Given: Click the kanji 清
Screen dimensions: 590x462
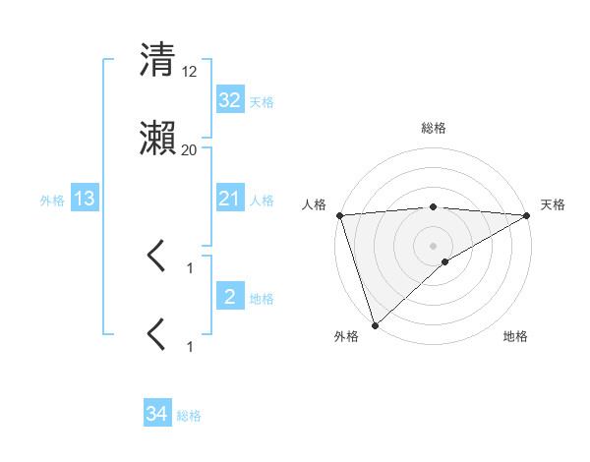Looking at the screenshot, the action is [x=157, y=59].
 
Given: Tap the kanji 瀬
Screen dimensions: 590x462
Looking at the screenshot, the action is [x=157, y=140].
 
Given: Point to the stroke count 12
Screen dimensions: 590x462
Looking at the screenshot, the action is [x=190, y=71].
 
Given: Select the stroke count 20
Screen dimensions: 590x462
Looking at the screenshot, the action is [x=190, y=150].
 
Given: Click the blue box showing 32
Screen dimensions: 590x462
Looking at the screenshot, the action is [x=230, y=100].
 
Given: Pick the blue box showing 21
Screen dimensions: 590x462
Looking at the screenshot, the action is [x=230, y=200].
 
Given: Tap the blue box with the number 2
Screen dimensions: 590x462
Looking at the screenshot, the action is [x=230, y=298].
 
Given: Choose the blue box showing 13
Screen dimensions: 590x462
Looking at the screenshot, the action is [x=85, y=200].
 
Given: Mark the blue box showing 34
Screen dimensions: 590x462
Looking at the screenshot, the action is [x=157, y=415].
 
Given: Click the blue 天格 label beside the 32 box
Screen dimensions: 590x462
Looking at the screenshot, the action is [x=262, y=101].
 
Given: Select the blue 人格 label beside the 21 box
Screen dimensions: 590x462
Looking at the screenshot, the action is [x=262, y=201].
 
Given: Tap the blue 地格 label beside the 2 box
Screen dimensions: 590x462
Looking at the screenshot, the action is [x=262, y=299].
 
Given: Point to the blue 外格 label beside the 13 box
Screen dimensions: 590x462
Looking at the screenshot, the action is [x=52, y=201].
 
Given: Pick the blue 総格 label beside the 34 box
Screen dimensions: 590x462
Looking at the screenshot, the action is [x=189, y=416].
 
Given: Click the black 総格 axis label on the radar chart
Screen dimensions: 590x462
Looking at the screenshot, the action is [x=434, y=128].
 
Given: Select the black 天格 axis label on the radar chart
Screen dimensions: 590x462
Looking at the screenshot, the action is [x=554, y=204].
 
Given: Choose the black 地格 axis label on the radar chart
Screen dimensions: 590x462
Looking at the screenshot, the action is [x=515, y=336].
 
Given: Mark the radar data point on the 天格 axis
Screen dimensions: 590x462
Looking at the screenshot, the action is [x=527, y=215].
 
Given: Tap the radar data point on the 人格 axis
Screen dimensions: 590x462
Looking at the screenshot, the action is [x=339, y=215].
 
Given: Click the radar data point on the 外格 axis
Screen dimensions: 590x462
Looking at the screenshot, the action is [x=375, y=324].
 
